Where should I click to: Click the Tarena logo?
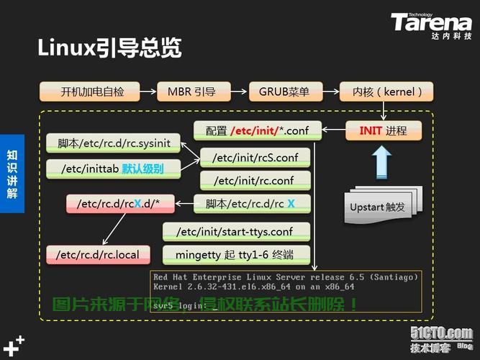pyautogui.click(x=432, y=24)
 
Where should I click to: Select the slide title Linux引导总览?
pyautogui.click(x=109, y=48)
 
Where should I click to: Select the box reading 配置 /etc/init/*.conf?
pyautogui.click(x=255, y=131)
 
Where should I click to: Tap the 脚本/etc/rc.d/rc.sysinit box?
pyautogui.click(x=114, y=143)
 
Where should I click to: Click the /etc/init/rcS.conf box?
pyautogui.click(x=255, y=157)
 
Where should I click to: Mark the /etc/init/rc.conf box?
pyautogui.click(x=255, y=180)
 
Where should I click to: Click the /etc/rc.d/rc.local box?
pyautogui.click(x=98, y=253)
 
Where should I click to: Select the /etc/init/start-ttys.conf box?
pyautogui.click(x=237, y=231)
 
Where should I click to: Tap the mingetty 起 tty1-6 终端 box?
pyautogui.click(x=237, y=253)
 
